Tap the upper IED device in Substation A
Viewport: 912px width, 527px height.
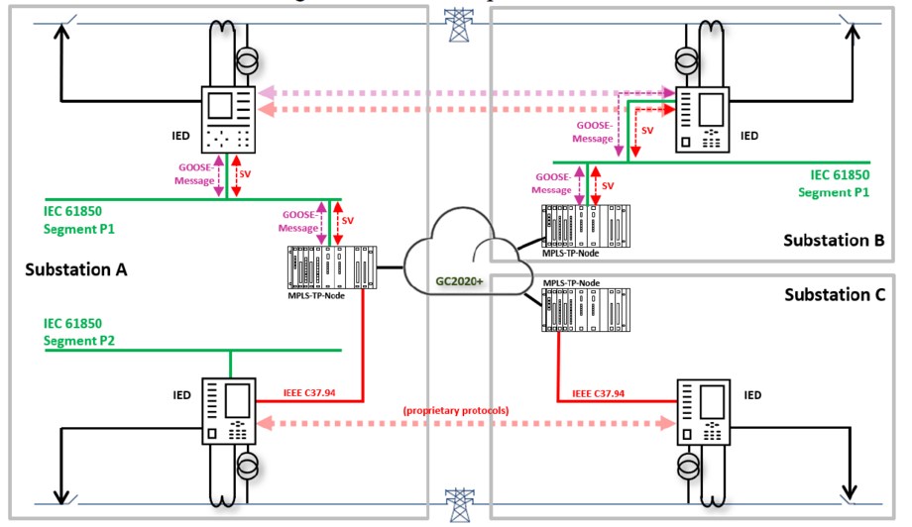click(229, 118)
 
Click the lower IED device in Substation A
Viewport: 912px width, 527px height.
click(229, 410)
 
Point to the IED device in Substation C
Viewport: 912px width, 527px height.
click(701, 410)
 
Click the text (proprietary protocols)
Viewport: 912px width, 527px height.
click(455, 410)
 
